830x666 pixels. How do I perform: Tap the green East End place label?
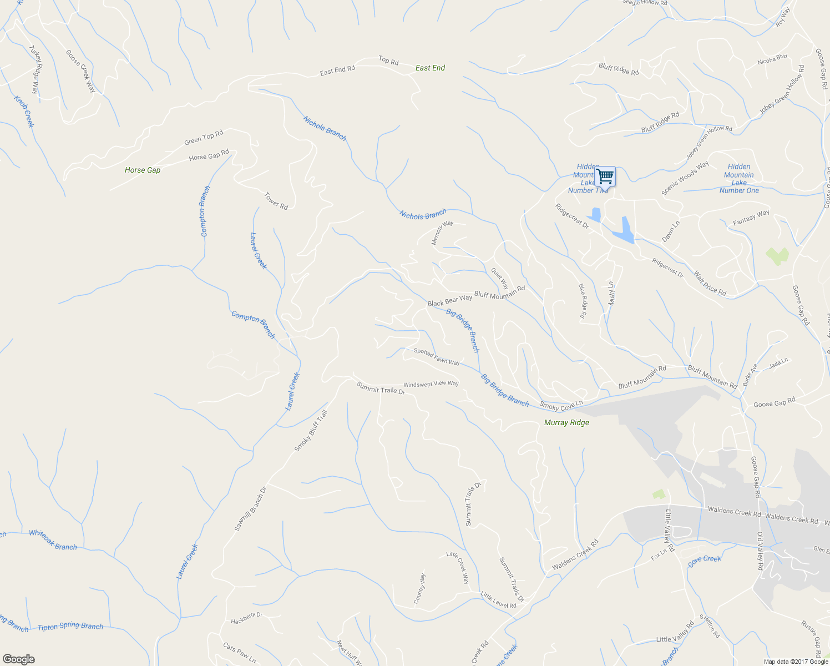click(x=430, y=68)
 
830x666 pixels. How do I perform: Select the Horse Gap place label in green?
click(x=143, y=170)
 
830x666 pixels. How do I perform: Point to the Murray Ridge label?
click(x=566, y=422)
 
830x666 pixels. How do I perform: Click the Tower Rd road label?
click(x=276, y=201)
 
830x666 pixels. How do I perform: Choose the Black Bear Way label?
click(x=449, y=300)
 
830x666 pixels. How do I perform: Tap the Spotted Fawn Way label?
click(x=437, y=357)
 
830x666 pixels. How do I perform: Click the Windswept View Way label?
click(x=431, y=384)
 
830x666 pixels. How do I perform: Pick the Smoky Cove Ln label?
click(x=561, y=406)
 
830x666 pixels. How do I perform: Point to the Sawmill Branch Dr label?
click(x=250, y=509)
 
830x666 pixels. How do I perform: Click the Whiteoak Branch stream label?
click(x=53, y=540)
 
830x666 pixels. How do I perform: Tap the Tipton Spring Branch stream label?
click(x=70, y=626)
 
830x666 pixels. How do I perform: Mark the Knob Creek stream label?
click(x=24, y=112)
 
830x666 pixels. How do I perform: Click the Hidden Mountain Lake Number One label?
click(x=739, y=178)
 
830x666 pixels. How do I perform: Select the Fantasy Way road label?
click(x=751, y=217)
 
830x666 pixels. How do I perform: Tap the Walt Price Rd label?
click(x=710, y=282)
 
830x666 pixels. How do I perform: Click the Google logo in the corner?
click(x=18, y=659)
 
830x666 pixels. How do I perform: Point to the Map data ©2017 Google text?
click(x=796, y=662)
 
